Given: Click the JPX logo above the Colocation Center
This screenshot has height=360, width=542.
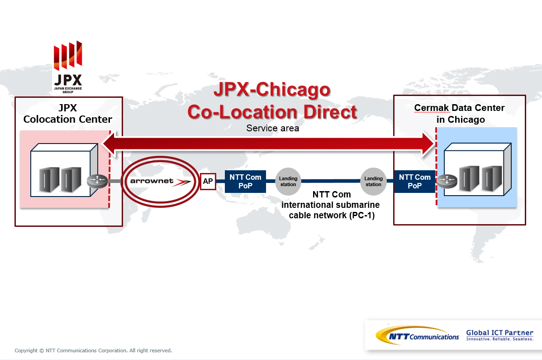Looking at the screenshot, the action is click(68, 67).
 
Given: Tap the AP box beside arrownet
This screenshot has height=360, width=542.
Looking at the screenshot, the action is click(208, 181).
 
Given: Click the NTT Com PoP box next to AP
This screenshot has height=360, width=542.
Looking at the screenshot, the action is click(245, 181).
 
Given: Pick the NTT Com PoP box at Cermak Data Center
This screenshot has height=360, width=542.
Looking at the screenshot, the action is click(415, 181).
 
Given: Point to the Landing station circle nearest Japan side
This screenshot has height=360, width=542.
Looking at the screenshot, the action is click(288, 181).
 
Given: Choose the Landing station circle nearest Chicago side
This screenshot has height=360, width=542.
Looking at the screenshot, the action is click(373, 181).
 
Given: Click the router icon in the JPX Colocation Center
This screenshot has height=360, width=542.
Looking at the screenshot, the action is click(97, 180).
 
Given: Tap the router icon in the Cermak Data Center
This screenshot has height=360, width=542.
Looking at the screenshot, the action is click(447, 180).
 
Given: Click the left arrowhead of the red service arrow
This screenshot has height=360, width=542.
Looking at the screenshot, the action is click(104, 144).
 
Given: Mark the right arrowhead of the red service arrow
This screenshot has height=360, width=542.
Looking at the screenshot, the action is click(434, 144).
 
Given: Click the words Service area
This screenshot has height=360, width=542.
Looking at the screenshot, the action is click(273, 128).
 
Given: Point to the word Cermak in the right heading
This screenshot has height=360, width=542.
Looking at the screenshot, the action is click(432, 108).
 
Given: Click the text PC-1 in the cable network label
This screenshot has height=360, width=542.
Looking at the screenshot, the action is click(362, 216).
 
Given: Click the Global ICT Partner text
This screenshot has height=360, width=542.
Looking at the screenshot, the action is click(499, 333).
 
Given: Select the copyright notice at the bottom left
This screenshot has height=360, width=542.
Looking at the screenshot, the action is click(93, 350).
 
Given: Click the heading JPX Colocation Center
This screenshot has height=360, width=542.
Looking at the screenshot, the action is click(68, 114).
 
